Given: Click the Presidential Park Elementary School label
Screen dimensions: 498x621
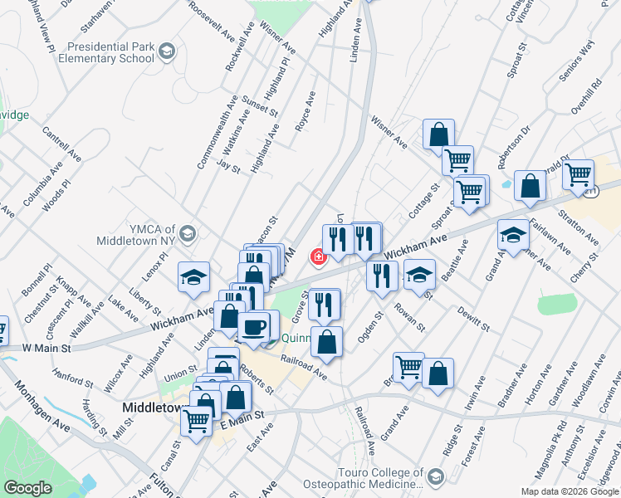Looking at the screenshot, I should [x=111, y=52].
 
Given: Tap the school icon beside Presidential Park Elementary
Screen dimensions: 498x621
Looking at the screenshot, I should [x=167, y=52].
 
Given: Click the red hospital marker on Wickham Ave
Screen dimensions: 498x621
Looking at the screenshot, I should [x=317, y=257].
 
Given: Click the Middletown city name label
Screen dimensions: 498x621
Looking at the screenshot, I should [x=152, y=408].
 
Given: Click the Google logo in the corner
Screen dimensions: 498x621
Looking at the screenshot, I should [x=27, y=488].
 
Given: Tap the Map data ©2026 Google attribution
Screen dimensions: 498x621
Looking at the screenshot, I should [x=570, y=491].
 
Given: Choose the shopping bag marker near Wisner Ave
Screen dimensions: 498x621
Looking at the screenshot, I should [x=438, y=134].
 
